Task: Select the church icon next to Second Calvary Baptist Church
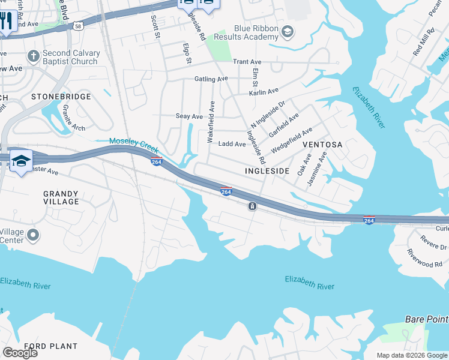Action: click(33, 57)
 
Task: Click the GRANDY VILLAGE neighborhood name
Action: click(61, 197)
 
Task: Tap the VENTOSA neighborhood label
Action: click(322, 145)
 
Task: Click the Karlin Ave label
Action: click(264, 92)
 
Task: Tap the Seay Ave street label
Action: click(189, 116)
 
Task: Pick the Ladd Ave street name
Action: click(232, 144)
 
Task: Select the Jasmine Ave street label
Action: click(318, 169)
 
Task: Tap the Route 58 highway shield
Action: click(79, 26)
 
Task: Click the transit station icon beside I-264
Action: click(253, 206)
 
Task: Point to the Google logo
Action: click(20, 353)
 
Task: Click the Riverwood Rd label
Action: click(424, 258)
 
